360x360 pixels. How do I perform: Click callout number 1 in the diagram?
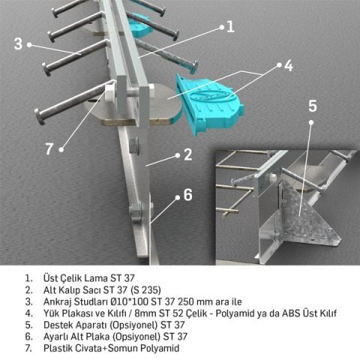230,26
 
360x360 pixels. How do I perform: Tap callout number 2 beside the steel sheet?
188,155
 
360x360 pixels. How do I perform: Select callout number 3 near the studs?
19,43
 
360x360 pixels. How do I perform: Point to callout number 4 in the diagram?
288,65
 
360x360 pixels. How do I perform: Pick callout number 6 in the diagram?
187,194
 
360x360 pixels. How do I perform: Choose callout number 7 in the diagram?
49,148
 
